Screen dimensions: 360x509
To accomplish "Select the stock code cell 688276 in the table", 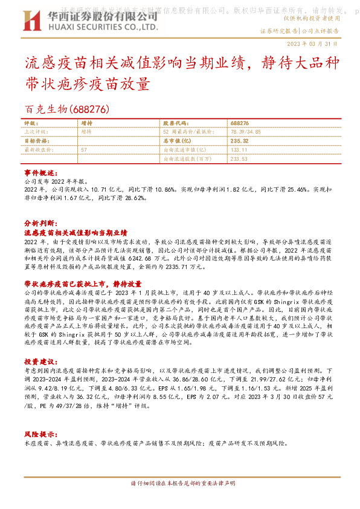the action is (x=223, y=122).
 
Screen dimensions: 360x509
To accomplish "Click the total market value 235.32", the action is (x=223, y=140).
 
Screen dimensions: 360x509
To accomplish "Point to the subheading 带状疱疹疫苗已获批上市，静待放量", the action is (x=83, y=284).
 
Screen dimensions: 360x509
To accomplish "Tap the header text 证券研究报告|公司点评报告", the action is (x=299, y=30).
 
